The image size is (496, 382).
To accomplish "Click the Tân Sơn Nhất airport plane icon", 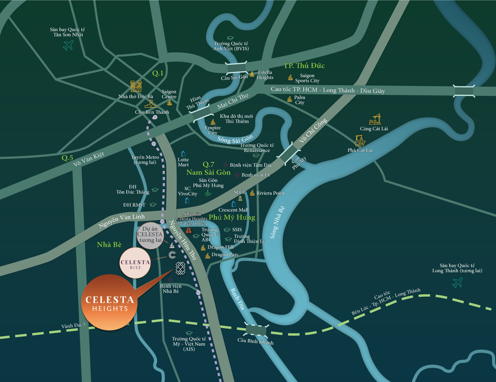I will (x=68, y=45).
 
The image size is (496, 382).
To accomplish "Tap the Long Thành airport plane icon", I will (x=457, y=283).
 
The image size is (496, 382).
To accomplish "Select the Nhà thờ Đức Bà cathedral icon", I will (x=136, y=86).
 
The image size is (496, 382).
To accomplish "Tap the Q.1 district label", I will (x=158, y=73).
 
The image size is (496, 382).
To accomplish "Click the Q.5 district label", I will (x=67, y=158).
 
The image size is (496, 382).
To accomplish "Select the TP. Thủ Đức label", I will (x=304, y=65).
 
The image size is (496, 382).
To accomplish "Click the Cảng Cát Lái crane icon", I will (x=375, y=119).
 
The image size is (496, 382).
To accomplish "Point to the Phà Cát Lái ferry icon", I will (x=360, y=141).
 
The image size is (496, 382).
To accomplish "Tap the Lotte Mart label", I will (x=183, y=162).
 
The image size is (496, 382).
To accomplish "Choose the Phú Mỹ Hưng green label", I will (x=232, y=217).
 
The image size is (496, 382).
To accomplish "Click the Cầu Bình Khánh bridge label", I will (x=255, y=341).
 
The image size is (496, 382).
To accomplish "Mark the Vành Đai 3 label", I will (x=73, y=325).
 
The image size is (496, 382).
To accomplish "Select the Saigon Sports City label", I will (x=307, y=78).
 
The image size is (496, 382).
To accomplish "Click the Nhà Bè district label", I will (x=109, y=245).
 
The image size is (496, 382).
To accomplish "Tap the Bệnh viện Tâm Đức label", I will (x=251, y=165).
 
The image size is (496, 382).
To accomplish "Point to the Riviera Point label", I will (x=270, y=193).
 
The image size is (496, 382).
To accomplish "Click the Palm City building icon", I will (x=290, y=99).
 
